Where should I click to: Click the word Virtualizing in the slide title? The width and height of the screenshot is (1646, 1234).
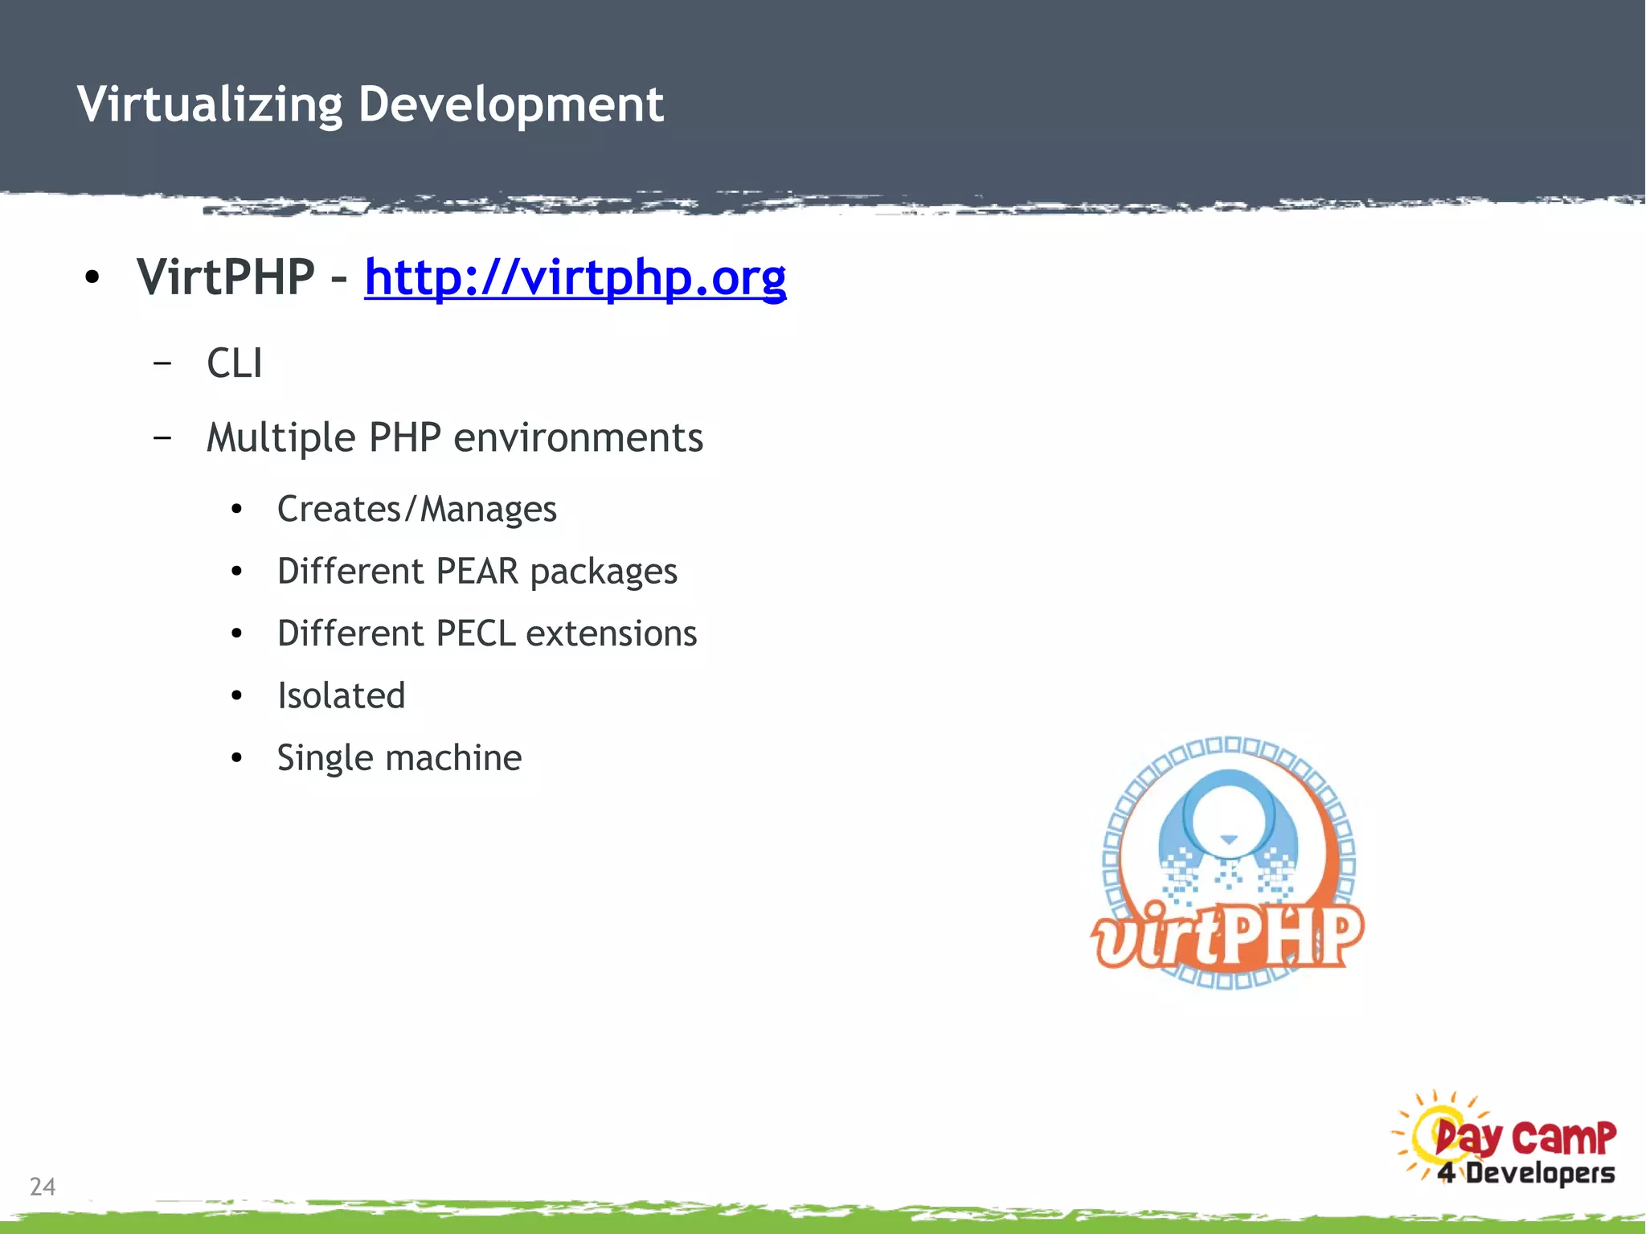tap(210, 105)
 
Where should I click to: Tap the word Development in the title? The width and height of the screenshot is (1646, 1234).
tap(511, 105)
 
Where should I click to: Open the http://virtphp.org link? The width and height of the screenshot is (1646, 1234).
tap(575, 277)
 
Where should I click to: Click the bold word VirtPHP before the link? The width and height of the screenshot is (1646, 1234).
tap(226, 277)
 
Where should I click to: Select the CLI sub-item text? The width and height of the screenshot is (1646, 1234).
tap(234, 363)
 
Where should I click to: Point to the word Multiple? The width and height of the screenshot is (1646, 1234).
tap(280, 438)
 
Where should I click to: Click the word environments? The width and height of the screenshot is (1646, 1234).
tap(579, 438)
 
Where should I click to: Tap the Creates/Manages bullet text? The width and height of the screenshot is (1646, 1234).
tap(416, 509)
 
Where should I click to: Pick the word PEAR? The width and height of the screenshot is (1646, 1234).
tap(477, 572)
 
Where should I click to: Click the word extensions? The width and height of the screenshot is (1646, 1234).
tap(611, 633)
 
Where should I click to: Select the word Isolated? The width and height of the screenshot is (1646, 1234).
tap(341, 695)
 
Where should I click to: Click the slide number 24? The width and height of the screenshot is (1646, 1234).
tap(43, 1187)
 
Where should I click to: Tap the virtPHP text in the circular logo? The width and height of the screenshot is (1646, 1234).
tap(1227, 935)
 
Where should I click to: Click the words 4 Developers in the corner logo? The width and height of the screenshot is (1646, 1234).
tap(1525, 1173)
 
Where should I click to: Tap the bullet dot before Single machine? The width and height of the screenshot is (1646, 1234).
tap(236, 758)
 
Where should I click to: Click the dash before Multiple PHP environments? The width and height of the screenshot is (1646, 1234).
tap(162, 438)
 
